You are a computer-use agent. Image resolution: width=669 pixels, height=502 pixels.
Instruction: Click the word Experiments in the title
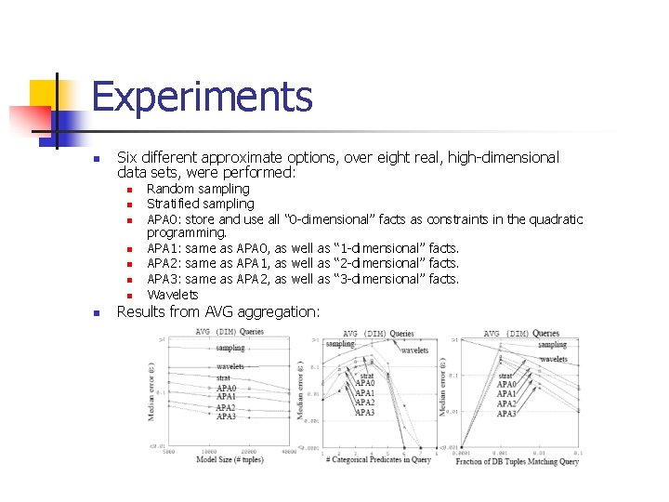(x=202, y=97)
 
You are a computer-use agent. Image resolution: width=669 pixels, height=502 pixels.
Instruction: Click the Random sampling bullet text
(x=199, y=189)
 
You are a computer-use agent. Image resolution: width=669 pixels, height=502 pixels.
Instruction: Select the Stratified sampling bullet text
(x=201, y=204)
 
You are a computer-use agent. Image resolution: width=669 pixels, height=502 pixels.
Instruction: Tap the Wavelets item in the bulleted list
(x=173, y=295)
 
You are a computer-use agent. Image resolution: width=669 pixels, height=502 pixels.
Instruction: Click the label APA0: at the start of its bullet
(x=164, y=219)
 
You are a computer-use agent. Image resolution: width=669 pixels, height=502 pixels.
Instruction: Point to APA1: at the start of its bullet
(x=164, y=249)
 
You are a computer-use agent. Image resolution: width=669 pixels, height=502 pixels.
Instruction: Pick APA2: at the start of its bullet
(x=164, y=264)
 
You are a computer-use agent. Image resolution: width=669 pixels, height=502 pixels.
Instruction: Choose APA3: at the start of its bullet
(x=164, y=279)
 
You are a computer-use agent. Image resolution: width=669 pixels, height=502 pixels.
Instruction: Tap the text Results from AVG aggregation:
(x=217, y=311)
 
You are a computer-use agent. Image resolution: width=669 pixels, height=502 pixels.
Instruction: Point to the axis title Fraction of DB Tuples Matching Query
(x=518, y=461)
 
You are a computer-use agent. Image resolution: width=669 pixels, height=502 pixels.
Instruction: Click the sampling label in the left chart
(x=230, y=348)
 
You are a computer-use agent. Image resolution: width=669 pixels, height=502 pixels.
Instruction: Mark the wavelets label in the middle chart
(x=414, y=350)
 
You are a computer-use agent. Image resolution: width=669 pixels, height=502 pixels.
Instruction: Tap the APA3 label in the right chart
(x=506, y=414)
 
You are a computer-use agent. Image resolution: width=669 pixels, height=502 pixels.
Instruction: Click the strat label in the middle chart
(x=366, y=376)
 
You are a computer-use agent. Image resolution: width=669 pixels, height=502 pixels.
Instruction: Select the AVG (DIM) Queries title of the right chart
(x=521, y=333)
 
